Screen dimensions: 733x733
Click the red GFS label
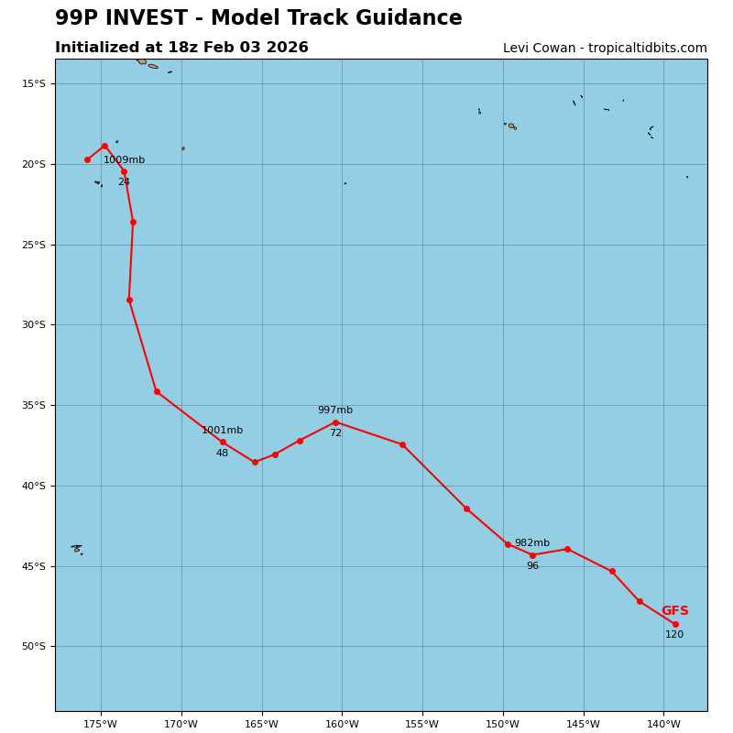click(x=674, y=611)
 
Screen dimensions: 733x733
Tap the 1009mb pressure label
click(x=124, y=160)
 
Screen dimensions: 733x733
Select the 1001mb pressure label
click(x=222, y=431)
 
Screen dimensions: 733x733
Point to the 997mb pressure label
click(x=334, y=410)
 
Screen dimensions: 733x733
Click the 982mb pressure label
click(x=531, y=543)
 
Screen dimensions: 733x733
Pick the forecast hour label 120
click(x=674, y=635)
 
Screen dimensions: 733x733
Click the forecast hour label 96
click(x=532, y=566)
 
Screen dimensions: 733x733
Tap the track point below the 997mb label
click(x=335, y=422)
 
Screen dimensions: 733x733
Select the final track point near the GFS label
click(x=675, y=624)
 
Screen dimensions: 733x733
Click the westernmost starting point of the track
click(x=87, y=159)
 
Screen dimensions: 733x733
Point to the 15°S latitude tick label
click(x=34, y=84)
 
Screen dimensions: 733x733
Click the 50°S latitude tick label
click(x=34, y=647)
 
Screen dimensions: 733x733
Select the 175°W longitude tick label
click(x=101, y=725)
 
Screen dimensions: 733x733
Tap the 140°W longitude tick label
click(x=663, y=725)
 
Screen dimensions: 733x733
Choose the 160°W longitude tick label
click(x=342, y=725)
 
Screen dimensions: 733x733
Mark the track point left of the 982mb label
click(x=508, y=544)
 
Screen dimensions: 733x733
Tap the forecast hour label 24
click(x=124, y=182)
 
